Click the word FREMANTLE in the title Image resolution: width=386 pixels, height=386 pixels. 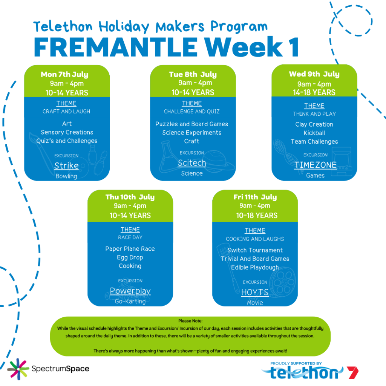tap(116, 47)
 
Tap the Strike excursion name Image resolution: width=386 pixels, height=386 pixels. tap(66, 166)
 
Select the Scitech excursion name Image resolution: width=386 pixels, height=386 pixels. tap(192, 163)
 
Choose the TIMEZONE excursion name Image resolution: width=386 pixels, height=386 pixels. tap(316, 165)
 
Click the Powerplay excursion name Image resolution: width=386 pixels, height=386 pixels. tap(130, 291)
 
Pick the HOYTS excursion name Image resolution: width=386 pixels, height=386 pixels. tap(255, 292)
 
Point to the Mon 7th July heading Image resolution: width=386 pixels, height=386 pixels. tap(64, 74)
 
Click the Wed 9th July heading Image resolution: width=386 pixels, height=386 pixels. tap(314, 74)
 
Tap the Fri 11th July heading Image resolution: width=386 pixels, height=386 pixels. tap(255, 197)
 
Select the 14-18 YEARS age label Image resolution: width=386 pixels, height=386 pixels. tap(314, 93)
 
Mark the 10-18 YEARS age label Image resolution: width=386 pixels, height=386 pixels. tap(257, 216)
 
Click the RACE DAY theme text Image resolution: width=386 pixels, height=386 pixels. tap(130, 237)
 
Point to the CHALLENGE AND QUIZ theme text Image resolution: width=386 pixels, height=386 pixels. tap(192, 112)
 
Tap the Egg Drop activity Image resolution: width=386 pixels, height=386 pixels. tap(130, 257)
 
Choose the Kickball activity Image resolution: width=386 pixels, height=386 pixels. tap(314, 133)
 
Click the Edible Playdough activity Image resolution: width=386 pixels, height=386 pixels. tap(255, 268)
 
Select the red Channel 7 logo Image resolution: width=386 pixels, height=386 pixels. tap(352, 372)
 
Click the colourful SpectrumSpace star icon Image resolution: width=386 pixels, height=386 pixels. tap(18, 369)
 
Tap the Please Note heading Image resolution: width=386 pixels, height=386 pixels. tap(190, 321)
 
